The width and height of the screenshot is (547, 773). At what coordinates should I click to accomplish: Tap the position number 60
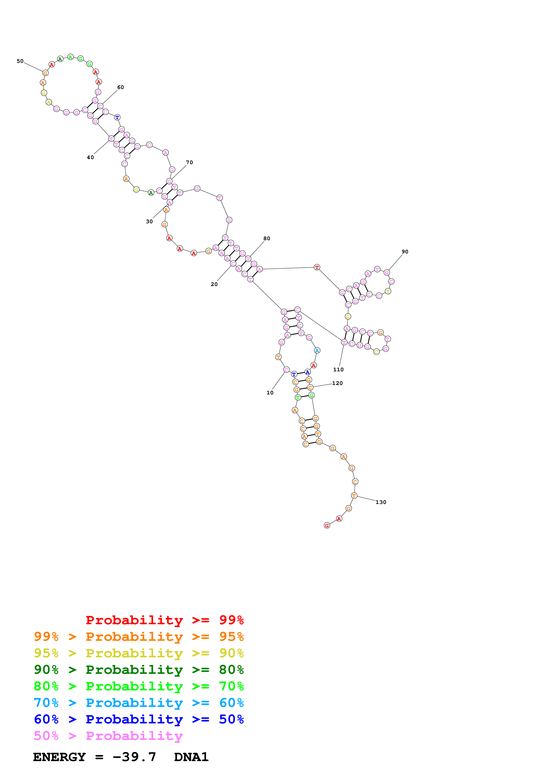(120, 87)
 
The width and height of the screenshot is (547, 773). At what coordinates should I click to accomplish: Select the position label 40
(90, 157)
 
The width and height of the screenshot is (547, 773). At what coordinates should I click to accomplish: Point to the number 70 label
(189, 162)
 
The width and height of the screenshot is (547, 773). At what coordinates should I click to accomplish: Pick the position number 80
(267, 238)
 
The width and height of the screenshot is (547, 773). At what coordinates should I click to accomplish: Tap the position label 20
(214, 284)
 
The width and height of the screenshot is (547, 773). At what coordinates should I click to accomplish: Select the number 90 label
(405, 251)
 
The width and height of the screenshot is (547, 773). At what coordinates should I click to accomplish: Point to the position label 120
(337, 383)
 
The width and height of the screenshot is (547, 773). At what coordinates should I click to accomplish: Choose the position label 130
(381, 502)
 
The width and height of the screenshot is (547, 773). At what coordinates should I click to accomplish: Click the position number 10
(270, 393)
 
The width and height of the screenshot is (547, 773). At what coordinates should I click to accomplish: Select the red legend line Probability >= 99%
(164, 620)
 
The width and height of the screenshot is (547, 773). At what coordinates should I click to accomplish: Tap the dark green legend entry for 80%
(139, 670)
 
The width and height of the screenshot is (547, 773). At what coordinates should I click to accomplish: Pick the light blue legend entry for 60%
(139, 703)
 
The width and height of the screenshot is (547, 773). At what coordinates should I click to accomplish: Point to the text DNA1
(191, 757)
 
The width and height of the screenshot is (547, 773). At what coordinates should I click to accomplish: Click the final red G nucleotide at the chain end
(327, 526)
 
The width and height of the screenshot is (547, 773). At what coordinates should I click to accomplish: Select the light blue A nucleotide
(317, 351)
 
